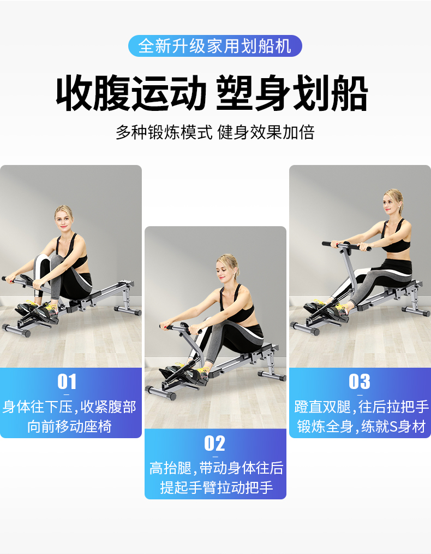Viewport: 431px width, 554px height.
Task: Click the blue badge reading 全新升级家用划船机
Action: pos(215,46)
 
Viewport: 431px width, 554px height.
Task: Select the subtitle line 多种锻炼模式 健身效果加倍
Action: pos(215,133)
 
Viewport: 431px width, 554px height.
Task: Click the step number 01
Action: pos(67,381)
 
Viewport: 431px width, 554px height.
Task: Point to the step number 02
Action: pos(215,443)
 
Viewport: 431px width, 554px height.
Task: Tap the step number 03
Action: pos(360,381)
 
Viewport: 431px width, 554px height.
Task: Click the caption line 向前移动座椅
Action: pos(69,427)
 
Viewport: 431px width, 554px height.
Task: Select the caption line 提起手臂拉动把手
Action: pos(217,487)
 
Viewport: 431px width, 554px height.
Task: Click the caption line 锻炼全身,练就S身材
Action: pos(361,427)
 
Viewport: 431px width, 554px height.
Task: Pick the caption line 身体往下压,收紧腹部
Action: pos(69,406)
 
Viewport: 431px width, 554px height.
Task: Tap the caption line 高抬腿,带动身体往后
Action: pos(217,468)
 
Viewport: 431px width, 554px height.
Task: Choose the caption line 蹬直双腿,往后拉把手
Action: pos(362,406)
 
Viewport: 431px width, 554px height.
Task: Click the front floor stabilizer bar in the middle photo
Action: pos(161,392)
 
